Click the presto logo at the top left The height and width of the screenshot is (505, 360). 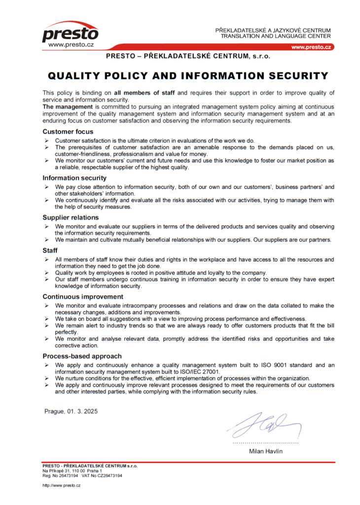(70, 34)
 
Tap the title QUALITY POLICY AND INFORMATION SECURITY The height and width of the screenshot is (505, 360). (188, 76)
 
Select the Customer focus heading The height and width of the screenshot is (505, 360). (68, 132)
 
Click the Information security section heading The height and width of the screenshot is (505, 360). (74, 178)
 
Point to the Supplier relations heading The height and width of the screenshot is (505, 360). (71, 217)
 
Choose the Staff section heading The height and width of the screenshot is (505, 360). (50, 251)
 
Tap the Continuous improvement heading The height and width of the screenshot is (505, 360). (83, 296)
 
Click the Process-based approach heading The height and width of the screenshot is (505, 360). (82, 356)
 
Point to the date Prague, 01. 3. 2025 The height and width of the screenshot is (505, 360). (71, 411)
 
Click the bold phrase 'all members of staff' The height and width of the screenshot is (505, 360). (144, 93)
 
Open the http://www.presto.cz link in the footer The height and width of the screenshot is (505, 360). (61, 485)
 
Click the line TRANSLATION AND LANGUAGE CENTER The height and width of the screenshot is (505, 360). (276, 36)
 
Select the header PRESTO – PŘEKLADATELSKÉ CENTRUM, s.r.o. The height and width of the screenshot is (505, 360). (188, 56)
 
